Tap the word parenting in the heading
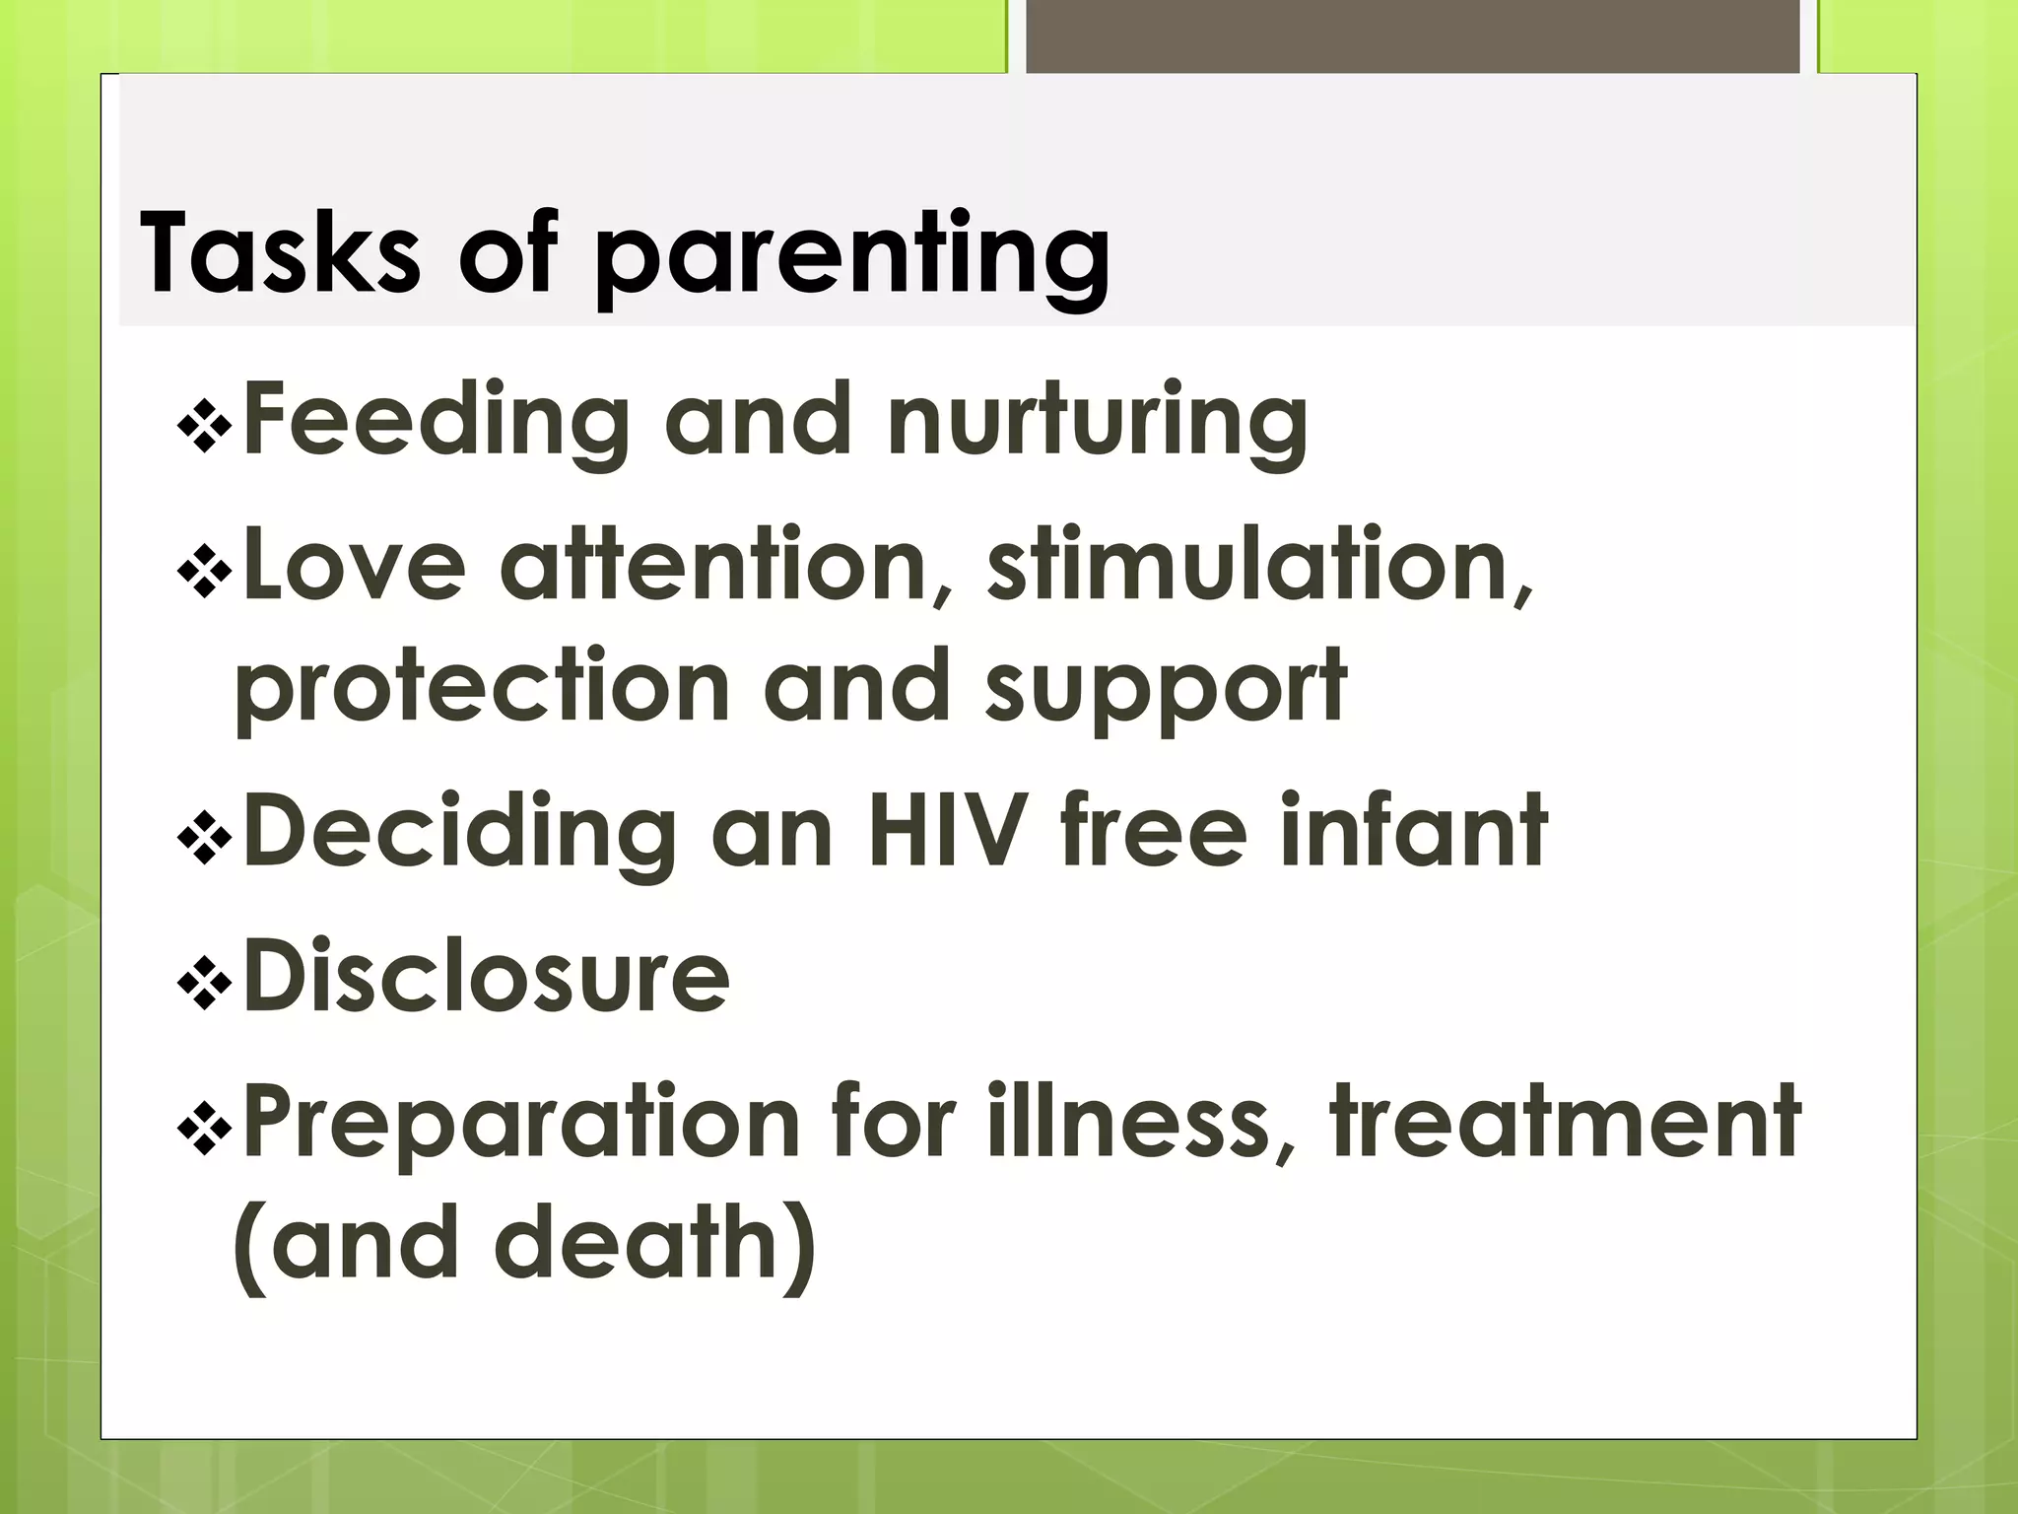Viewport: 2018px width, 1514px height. click(853, 258)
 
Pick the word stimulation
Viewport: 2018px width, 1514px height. click(1259, 565)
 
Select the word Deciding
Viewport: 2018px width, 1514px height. click(459, 833)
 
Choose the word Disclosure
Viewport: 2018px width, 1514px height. click(486, 977)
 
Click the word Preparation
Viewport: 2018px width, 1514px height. click(520, 1122)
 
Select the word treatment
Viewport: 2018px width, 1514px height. click(1565, 1122)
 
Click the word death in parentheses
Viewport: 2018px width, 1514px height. click(636, 1244)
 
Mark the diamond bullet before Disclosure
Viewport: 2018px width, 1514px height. click(204, 983)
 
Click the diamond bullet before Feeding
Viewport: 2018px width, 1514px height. click(204, 426)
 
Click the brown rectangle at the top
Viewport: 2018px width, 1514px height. click(1412, 35)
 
